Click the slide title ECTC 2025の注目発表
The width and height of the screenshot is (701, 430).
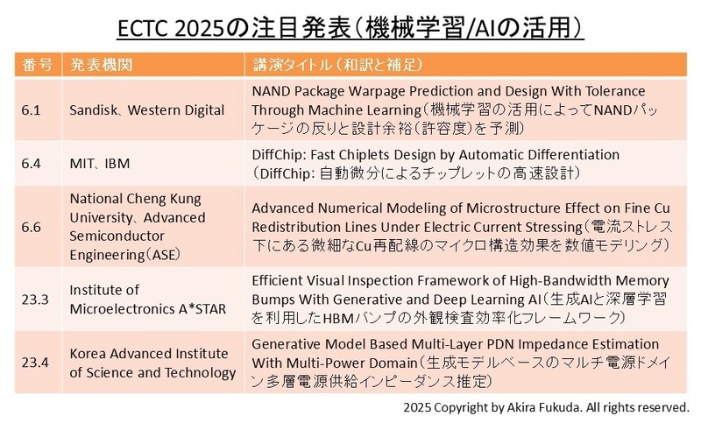point(350,25)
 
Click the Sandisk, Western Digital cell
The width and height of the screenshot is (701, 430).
point(146,109)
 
